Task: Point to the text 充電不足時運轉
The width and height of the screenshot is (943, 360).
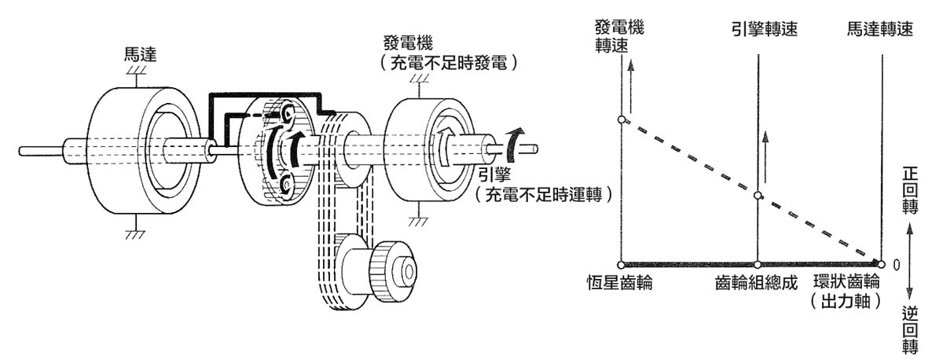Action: [x=543, y=193]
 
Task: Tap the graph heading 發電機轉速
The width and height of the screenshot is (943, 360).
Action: [x=620, y=36]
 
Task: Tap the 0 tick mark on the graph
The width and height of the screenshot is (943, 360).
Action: [x=896, y=265]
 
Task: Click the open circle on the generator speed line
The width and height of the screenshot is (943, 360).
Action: [x=621, y=119]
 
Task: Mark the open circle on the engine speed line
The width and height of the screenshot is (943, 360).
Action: [x=758, y=196]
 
